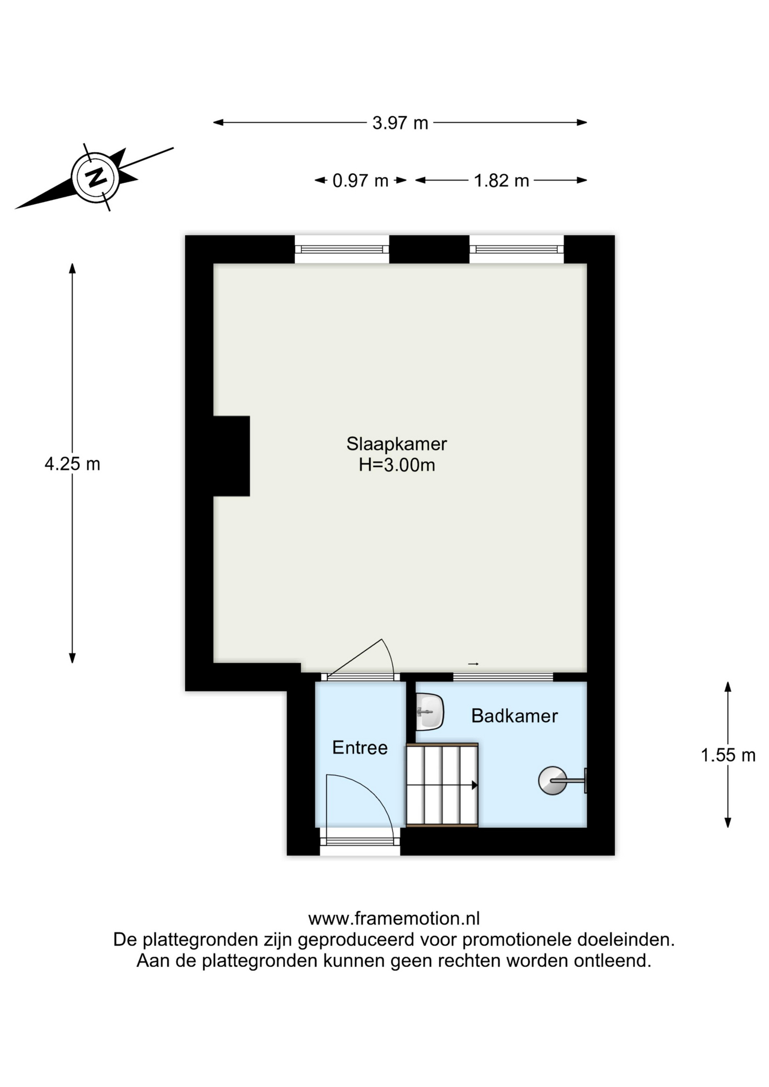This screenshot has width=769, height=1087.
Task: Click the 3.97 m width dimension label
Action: coord(400,123)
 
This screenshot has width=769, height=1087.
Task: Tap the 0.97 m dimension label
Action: coord(360,181)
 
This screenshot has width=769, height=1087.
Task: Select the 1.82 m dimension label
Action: coord(501,181)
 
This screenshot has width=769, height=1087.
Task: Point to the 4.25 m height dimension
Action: coord(72,464)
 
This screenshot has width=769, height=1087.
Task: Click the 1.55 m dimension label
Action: coord(728,755)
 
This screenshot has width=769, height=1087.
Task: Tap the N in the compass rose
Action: coord(96,177)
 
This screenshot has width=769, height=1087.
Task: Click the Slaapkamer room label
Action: coord(396,444)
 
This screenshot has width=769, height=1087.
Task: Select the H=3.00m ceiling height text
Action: coord(397,465)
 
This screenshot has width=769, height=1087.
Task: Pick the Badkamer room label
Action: coord(514,716)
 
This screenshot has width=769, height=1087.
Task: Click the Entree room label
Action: coord(360,748)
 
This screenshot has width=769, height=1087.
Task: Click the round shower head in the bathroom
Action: coord(552,781)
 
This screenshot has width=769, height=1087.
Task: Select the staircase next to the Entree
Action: coord(442,785)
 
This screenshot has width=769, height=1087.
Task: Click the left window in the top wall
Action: coord(342,249)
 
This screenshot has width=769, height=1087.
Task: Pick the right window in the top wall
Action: coord(516,249)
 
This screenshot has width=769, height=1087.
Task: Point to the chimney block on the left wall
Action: coord(232,456)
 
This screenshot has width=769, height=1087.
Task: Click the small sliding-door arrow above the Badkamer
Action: coord(473,664)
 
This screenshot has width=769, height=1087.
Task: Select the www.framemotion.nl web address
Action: coord(394,918)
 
